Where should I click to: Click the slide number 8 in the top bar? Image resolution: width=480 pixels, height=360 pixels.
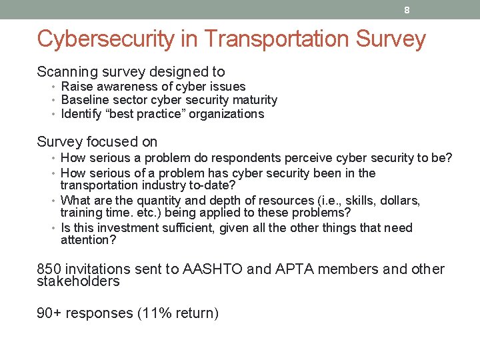tap(406, 10)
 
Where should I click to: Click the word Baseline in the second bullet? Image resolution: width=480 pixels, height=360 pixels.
tap(83, 100)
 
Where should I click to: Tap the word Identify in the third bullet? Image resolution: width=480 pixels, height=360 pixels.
tap(81, 114)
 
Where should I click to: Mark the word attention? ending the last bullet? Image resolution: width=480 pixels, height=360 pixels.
tap(88, 240)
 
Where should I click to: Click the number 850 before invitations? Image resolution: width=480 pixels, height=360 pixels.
tap(49, 269)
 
